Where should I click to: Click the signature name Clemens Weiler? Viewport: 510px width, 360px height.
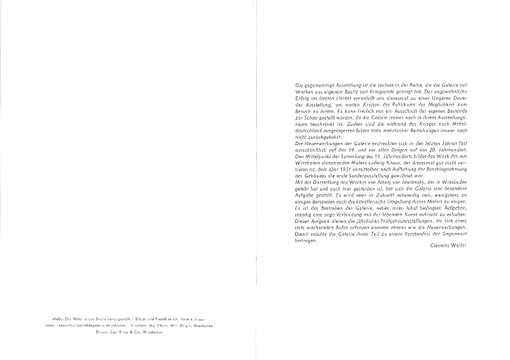coord(448,245)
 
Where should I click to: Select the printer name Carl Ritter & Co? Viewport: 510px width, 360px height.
coord(129,332)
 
